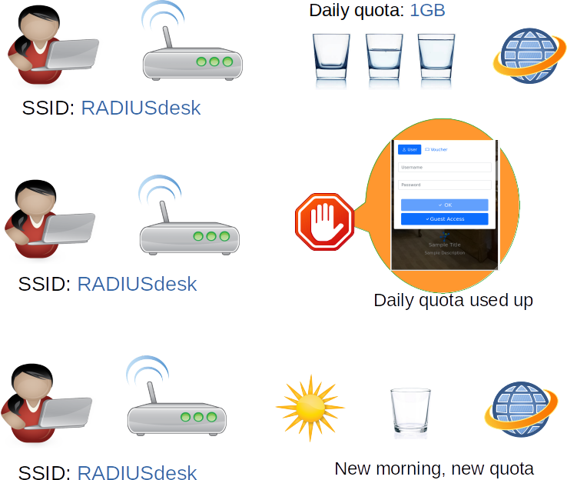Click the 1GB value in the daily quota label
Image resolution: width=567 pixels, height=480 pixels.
(x=428, y=11)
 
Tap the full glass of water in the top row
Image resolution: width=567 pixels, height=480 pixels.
(x=436, y=58)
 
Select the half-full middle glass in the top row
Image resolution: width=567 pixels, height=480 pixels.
(x=383, y=58)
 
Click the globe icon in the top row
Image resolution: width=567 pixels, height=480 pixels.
(x=527, y=59)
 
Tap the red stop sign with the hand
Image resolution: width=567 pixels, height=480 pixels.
(x=323, y=221)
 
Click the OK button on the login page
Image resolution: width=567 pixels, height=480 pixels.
(x=444, y=205)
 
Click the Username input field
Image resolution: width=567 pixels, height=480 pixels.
(x=444, y=167)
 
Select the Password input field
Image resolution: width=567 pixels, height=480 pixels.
(x=444, y=185)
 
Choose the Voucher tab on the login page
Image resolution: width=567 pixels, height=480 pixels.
(x=436, y=149)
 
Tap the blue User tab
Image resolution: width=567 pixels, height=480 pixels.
(x=409, y=149)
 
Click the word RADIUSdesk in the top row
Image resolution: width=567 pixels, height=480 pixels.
(x=141, y=108)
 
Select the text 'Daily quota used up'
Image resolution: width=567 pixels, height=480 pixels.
(x=453, y=300)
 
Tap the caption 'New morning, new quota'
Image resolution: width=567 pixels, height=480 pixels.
(x=434, y=468)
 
